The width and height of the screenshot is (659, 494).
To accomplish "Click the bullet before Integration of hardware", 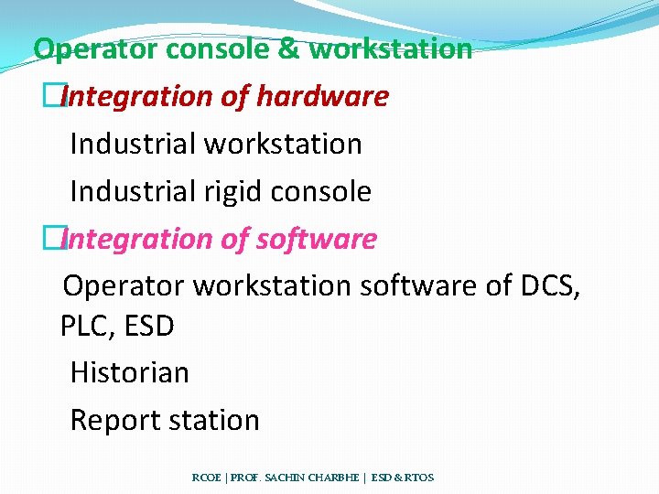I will tap(61, 96).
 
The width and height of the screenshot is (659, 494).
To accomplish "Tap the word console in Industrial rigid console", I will tap(324, 191).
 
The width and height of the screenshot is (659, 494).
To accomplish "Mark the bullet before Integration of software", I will tap(61, 239).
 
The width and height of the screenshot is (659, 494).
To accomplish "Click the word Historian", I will tap(129, 372).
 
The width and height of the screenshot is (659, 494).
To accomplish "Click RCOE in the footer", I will tap(205, 478).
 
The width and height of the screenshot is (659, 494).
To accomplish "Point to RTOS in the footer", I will tap(417, 478).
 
